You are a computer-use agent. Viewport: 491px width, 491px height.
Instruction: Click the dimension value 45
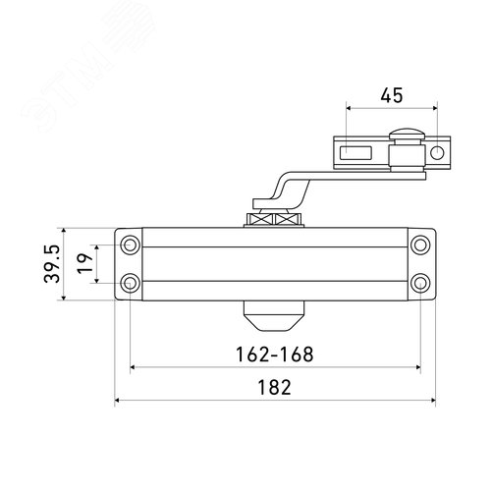point(392,95)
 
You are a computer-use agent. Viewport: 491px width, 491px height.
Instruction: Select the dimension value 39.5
point(52,264)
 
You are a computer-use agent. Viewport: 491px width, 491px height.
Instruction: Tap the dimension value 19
point(84,263)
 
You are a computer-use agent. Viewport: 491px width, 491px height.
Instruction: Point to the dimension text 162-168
point(274,355)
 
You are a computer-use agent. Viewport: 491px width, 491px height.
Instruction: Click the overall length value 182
point(274,387)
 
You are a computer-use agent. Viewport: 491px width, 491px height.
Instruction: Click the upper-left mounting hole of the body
point(131,245)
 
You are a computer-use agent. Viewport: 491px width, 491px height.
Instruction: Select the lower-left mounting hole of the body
point(131,283)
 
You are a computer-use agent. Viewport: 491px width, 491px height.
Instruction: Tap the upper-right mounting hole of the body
point(420,245)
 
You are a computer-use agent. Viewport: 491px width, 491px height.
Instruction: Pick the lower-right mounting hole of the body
point(420,283)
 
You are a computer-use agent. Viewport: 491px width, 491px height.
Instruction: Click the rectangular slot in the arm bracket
point(355,153)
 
